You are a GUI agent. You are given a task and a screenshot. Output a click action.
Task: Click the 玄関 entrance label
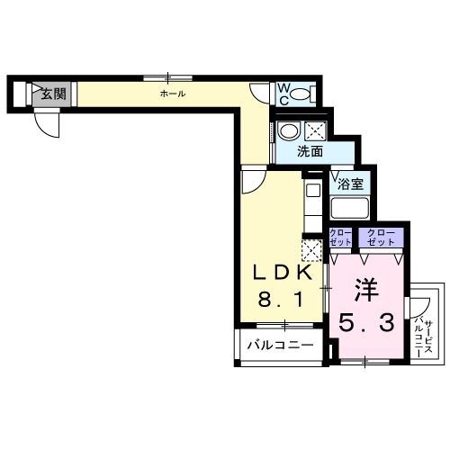(52, 92)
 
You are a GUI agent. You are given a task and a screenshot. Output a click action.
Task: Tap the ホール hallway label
(173, 94)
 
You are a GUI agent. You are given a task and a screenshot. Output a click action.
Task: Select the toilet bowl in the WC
(302, 93)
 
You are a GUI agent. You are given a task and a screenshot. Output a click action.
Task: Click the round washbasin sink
(289, 130)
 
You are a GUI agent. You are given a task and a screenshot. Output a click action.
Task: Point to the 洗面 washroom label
(310, 151)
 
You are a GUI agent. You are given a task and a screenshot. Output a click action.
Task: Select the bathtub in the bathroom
(352, 209)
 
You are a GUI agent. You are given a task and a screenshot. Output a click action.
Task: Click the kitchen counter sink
(312, 192)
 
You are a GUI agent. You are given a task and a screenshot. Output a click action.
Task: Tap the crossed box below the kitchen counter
(311, 247)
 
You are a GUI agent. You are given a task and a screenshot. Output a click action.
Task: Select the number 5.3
(365, 321)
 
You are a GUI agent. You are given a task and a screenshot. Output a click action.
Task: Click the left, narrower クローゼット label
(340, 237)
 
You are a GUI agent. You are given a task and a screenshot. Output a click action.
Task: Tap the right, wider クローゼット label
(381, 237)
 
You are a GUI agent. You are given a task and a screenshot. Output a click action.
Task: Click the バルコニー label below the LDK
(280, 346)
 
